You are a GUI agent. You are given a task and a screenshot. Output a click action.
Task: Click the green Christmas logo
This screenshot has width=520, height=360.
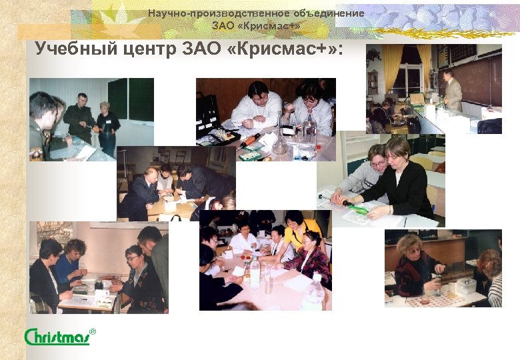point(57,337)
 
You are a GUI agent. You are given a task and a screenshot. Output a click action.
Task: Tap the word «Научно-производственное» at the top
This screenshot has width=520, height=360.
point(201,13)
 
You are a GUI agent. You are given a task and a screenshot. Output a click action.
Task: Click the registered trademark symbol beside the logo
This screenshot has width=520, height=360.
point(93,331)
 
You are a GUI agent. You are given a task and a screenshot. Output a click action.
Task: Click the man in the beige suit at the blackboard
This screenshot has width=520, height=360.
point(453,90)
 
